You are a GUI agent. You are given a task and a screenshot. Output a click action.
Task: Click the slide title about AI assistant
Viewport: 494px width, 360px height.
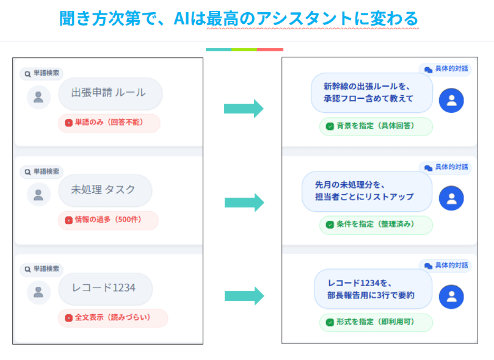(239, 19)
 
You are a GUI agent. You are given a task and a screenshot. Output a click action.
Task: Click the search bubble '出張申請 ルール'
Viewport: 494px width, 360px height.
(111, 93)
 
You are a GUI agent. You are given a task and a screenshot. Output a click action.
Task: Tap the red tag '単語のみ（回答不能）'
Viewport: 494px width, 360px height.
(109, 123)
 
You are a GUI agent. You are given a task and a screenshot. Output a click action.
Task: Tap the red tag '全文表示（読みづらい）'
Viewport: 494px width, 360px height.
(112, 318)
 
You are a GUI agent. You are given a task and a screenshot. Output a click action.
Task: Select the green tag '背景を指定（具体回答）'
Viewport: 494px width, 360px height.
(376, 126)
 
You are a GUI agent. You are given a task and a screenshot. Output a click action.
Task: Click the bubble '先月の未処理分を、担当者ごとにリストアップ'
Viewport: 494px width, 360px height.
(366, 191)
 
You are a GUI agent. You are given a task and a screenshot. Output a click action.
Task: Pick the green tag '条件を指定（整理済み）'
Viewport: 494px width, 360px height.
(376, 225)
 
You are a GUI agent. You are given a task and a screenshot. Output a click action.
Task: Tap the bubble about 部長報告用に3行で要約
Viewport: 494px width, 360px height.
(372, 289)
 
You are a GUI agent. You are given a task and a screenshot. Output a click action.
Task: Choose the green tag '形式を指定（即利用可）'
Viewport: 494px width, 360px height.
(376, 322)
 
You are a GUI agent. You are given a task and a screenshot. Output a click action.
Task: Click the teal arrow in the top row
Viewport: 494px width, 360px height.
(244, 109)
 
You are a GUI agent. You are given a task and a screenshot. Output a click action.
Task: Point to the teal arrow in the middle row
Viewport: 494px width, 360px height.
(244, 203)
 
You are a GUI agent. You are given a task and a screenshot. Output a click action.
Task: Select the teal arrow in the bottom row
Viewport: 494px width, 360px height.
(244, 296)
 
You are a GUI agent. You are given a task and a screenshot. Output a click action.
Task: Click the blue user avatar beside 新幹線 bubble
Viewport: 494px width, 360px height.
(451, 101)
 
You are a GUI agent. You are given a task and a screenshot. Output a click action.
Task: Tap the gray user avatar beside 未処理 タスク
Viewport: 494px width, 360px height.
(38, 194)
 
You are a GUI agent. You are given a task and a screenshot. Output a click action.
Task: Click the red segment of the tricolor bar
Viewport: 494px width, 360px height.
(270, 49)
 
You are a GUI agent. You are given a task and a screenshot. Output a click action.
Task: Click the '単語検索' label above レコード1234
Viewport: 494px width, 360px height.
(42, 269)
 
